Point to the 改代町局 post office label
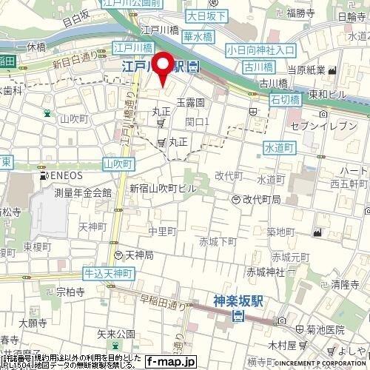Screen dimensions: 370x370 coord(257,200)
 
